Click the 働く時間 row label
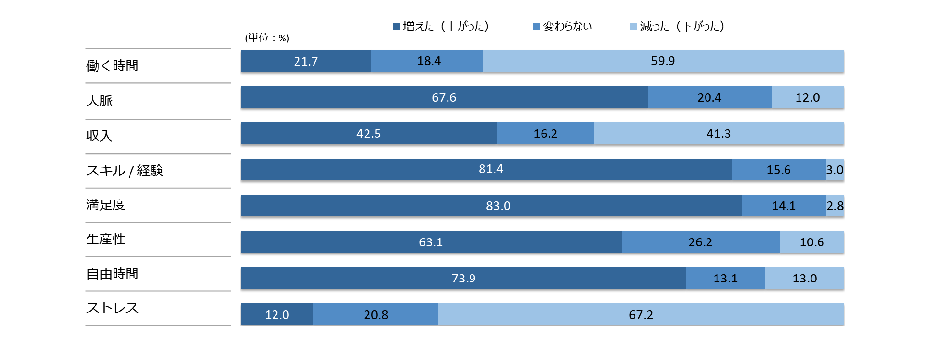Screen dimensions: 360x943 112,66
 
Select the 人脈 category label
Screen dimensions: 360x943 99,101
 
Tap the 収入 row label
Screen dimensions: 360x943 99,135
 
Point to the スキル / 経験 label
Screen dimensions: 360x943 124,170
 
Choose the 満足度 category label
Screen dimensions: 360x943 106,205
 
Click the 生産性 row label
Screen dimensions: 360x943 106,240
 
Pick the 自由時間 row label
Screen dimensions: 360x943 112,274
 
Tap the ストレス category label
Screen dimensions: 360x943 112,308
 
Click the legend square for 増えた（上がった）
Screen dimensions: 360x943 396,27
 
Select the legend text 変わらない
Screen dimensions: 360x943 567,26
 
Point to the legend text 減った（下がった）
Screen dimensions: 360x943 682,26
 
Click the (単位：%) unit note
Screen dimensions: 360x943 267,38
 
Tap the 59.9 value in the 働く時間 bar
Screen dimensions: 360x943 663,61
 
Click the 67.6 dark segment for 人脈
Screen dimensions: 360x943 444,97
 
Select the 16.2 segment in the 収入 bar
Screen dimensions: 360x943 545,133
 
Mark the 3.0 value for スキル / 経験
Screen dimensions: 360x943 834,170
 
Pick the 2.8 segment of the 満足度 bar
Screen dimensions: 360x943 835,206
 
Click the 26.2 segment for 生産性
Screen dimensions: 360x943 700,242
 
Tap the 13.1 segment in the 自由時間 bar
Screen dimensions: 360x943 725,278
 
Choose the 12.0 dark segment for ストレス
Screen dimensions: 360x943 277,315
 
